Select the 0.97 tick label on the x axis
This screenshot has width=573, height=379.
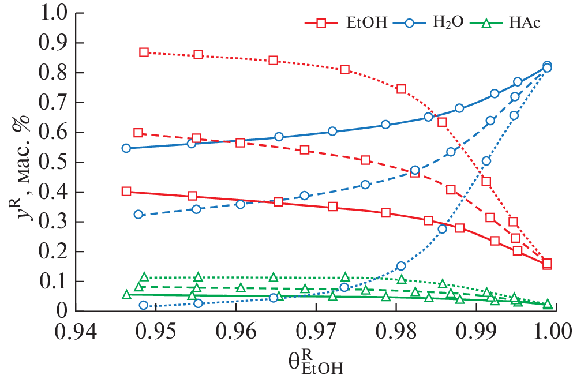pyautogui.click(x=316, y=333)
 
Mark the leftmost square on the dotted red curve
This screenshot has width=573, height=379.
pyautogui.click(x=144, y=52)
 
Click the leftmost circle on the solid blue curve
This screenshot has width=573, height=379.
pyautogui.click(x=126, y=148)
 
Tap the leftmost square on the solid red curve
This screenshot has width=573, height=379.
pyautogui.click(x=126, y=192)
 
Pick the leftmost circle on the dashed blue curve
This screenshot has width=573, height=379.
pyautogui.click(x=138, y=214)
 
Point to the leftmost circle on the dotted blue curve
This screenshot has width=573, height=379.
pyautogui.click(x=144, y=305)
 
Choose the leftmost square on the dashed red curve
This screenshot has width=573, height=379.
pyautogui.click(x=138, y=133)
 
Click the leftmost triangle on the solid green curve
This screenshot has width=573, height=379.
pyautogui.click(x=126, y=295)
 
